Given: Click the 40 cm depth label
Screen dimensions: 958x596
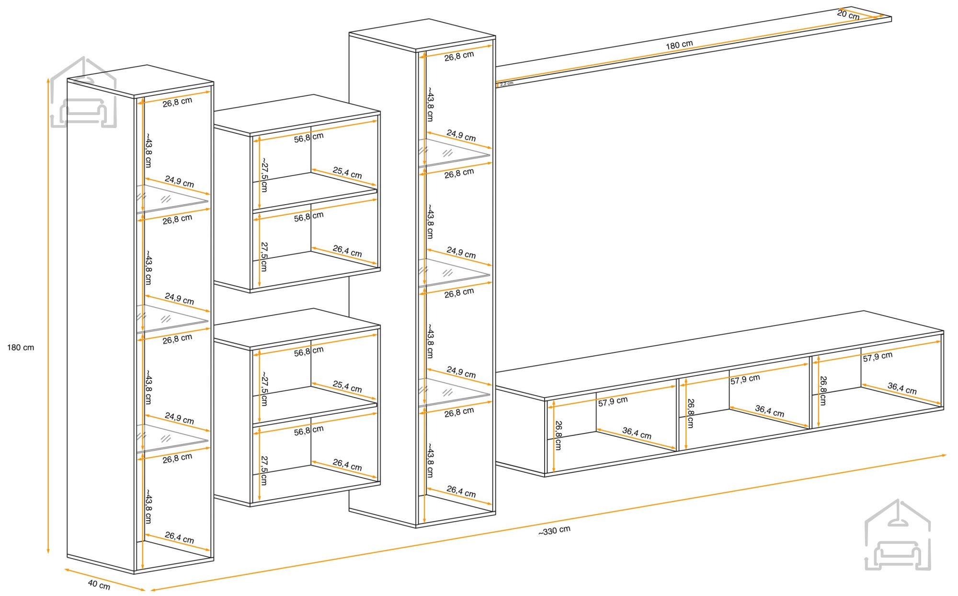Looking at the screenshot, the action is point(99,584).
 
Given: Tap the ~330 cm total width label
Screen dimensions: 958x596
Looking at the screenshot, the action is point(554,531).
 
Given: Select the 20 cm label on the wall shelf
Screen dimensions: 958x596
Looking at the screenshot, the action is point(848,15).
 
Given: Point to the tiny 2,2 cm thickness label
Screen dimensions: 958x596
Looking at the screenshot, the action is point(507,84).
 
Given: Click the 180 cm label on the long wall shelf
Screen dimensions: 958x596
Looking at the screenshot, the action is point(679,45).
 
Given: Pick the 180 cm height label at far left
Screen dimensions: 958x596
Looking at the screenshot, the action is point(21,348).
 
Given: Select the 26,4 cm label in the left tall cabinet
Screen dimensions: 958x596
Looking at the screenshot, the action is point(180,538).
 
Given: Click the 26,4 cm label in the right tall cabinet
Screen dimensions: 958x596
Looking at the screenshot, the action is point(461,491).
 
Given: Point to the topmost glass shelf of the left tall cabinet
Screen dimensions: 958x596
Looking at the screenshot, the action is point(172,199).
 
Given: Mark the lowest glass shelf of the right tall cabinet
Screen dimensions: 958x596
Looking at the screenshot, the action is point(454,392).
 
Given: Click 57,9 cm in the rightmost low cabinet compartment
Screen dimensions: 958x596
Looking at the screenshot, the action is point(878,357).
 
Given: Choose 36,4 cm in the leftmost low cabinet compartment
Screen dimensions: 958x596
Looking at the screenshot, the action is point(637,433).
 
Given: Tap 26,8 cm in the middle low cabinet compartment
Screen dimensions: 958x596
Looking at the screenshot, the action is point(690,413).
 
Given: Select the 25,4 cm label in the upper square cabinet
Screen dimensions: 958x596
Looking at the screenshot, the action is point(347,173).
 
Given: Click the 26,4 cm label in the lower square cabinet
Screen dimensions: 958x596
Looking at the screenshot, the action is point(347,465).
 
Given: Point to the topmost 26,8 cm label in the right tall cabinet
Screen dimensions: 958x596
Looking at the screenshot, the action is point(459,56).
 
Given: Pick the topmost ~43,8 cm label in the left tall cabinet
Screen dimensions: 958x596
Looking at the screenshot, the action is point(148,150).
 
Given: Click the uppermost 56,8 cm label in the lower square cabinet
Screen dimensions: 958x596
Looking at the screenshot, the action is point(309,351).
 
